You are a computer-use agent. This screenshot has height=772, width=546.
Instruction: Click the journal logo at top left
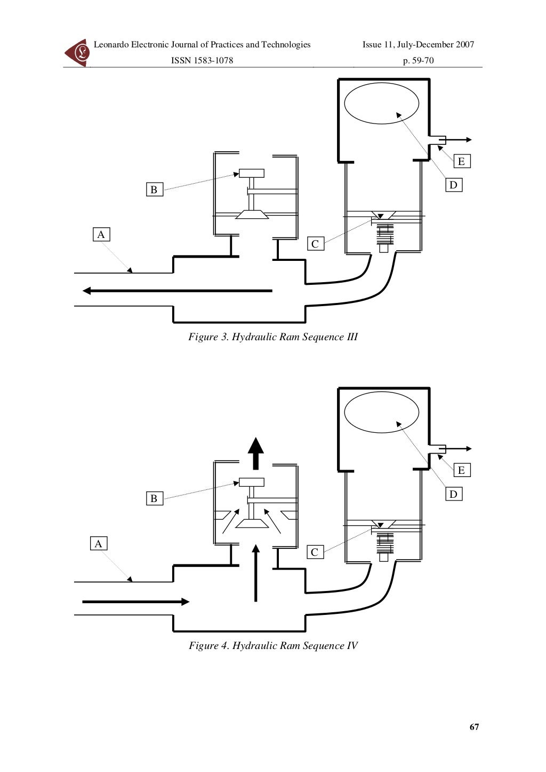(77, 52)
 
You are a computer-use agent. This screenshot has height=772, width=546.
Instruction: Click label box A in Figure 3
(101, 234)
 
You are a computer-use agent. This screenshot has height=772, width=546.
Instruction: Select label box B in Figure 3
(154, 190)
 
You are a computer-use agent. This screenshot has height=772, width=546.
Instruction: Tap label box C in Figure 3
(315, 244)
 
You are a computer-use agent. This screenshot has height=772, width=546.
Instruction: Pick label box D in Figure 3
(453, 185)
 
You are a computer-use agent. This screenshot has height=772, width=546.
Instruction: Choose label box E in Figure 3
(461, 161)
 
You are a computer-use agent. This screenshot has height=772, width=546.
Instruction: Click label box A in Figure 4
(98, 544)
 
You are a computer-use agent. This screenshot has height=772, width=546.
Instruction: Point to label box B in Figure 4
(154, 498)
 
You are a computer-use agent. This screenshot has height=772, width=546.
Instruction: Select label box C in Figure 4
(315, 552)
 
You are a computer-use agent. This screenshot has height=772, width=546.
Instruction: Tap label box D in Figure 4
(453, 494)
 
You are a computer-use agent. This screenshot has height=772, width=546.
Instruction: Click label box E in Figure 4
(461, 470)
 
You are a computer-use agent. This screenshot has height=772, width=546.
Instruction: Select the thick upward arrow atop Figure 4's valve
(256, 454)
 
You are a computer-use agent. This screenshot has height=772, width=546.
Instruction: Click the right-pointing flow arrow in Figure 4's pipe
(136, 602)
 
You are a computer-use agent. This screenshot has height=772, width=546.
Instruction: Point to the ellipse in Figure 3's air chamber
(382, 103)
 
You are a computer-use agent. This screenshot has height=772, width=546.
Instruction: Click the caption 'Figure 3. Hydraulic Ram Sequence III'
(273, 337)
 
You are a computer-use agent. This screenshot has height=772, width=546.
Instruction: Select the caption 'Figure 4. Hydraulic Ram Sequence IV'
(273, 646)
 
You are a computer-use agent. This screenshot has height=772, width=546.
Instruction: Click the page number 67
(474, 727)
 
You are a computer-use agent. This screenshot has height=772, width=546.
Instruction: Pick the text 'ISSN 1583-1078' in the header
(202, 61)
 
